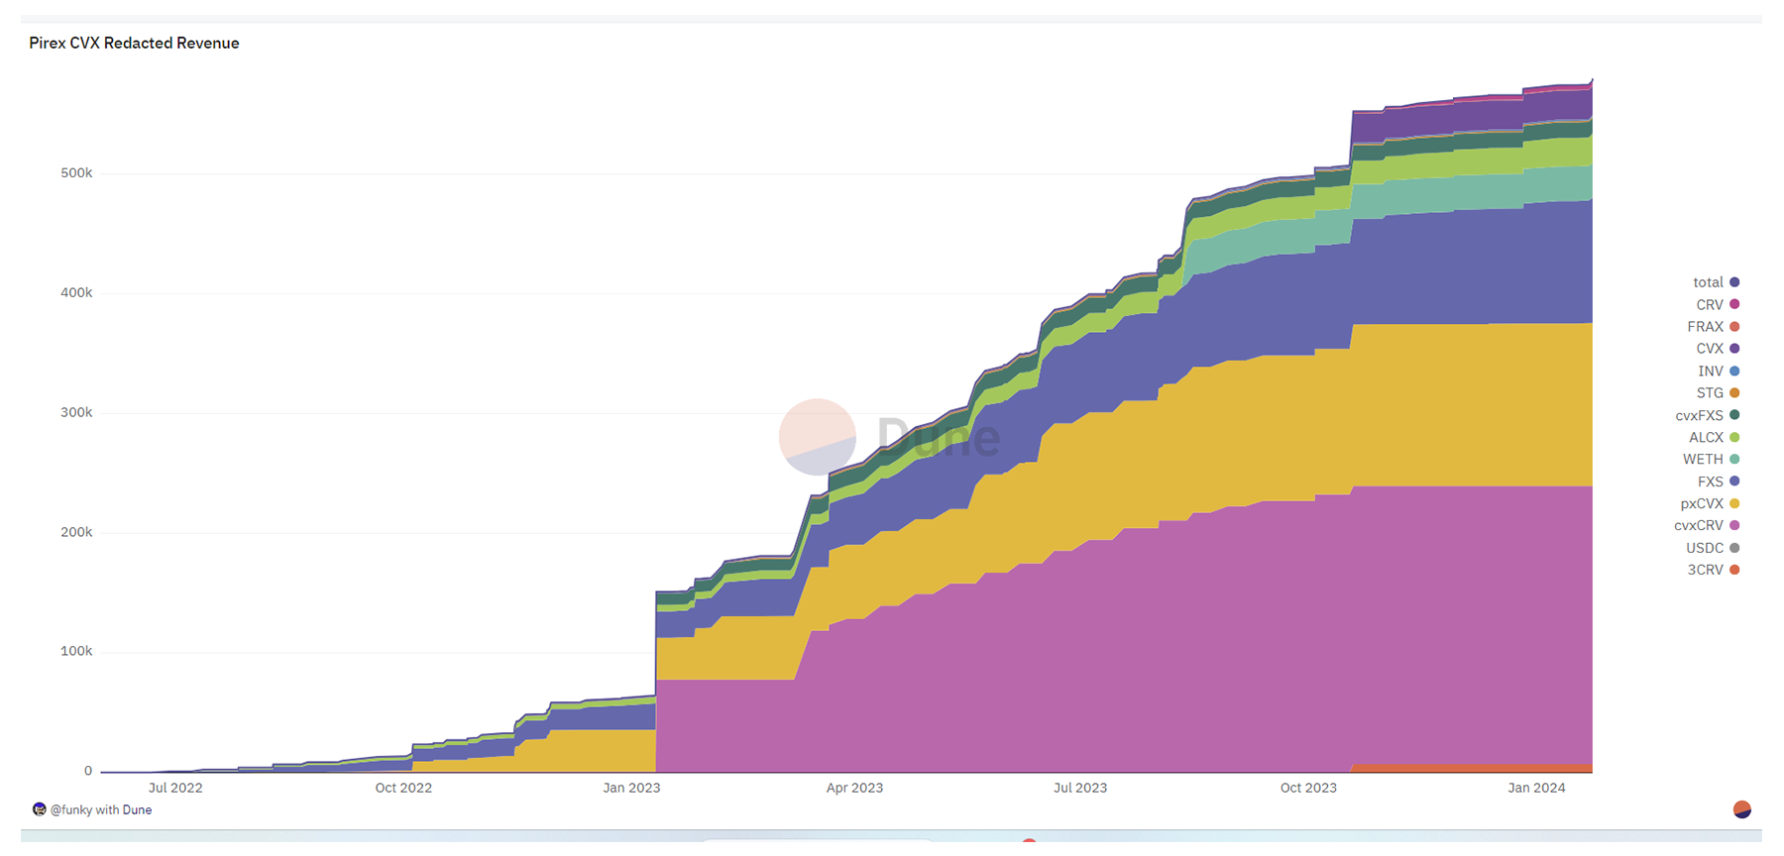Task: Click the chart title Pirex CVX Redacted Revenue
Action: coord(134,44)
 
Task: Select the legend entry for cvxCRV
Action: coord(1706,526)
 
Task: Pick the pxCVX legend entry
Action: coord(1709,504)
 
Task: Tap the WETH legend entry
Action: coord(1710,460)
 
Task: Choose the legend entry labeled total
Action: coord(1715,282)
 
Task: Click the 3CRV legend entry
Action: coord(1713,571)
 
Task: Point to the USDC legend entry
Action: coord(1712,548)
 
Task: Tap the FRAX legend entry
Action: coord(1713,327)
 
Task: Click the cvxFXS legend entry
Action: coord(1707,416)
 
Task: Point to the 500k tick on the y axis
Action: coord(76,173)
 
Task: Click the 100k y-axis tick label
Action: coord(76,652)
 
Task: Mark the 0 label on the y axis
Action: coord(88,772)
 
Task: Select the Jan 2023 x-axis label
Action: coord(631,789)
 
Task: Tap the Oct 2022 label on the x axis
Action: coord(403,789)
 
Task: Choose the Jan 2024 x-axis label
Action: coord(1536,789)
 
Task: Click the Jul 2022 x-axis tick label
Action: coord(175,789)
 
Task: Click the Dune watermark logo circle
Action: coord(818,437)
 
